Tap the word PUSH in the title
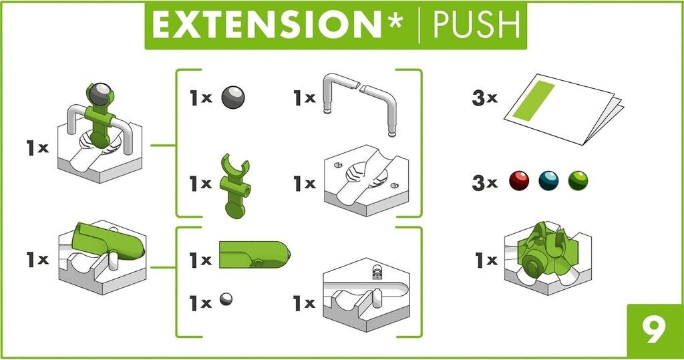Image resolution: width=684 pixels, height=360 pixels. tap(476, 25)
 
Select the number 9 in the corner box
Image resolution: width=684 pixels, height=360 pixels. tap(654, 331)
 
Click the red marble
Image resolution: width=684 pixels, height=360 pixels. tap(519, 180)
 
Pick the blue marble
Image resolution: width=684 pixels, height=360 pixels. tap(548, 180)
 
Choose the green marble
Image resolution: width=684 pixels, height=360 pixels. tap(578, 180)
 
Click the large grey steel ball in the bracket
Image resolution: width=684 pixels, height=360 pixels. tap(233, 97)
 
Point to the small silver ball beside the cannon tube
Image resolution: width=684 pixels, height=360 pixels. tap(226, 299)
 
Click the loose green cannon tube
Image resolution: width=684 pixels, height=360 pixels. tap(254, 254)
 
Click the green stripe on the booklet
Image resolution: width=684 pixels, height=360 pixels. tap(534, 100)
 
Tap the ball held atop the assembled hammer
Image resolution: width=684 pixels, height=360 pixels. tap(100, 93)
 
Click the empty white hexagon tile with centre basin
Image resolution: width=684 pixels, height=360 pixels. tap(367, 180)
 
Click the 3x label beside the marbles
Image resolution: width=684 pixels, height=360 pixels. tap(485, 182)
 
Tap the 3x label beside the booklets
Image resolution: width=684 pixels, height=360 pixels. tap(485, 98)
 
